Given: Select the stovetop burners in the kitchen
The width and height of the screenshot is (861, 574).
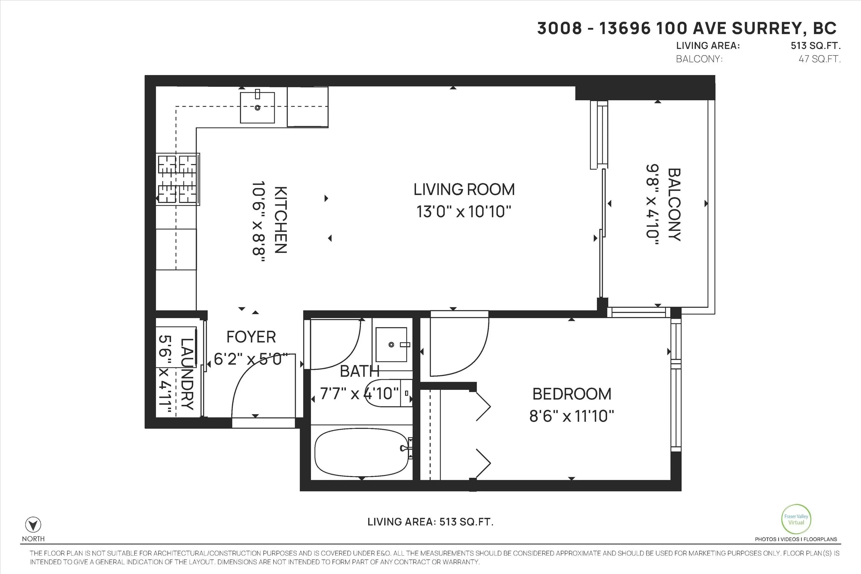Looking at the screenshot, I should coord(178,179).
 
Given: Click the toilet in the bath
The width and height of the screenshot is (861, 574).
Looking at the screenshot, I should coord(388,394).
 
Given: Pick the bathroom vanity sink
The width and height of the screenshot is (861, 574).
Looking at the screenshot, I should coord(391,344).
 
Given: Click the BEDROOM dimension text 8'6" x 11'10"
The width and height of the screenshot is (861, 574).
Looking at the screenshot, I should coord(572,416).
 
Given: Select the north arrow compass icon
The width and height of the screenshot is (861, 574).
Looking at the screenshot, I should coord(33,525).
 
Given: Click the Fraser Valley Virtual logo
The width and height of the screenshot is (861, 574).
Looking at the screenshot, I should coord(796,519).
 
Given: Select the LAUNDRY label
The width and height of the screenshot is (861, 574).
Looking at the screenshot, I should coord(187,373).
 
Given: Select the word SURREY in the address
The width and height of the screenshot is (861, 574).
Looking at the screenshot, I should coord(761,28).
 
